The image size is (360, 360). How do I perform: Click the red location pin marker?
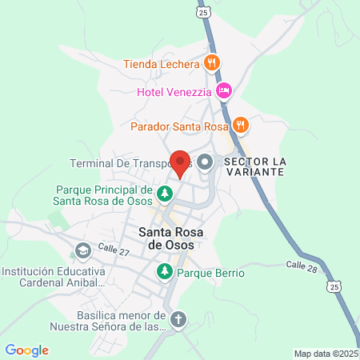(x=180, y=163)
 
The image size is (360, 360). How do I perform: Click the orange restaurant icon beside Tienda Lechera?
(x=212, y=62)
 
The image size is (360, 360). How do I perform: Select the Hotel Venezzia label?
(x=174, y=91)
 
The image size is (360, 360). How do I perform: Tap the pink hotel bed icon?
(x=225, y=91)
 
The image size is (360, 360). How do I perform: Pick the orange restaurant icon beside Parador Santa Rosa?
(x=241, y=125)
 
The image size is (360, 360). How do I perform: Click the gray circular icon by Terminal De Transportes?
(x=206, y=163)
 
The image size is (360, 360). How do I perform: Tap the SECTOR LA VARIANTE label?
(x=254, y=166)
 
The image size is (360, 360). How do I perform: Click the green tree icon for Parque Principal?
(x=164, y=194)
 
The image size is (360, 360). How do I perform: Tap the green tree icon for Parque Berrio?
(x=164, y=272)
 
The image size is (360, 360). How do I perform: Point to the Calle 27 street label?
(x=113, y=250)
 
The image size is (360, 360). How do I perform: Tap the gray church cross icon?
(x=178, y=320)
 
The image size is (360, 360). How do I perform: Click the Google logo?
(x=27, y=350)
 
